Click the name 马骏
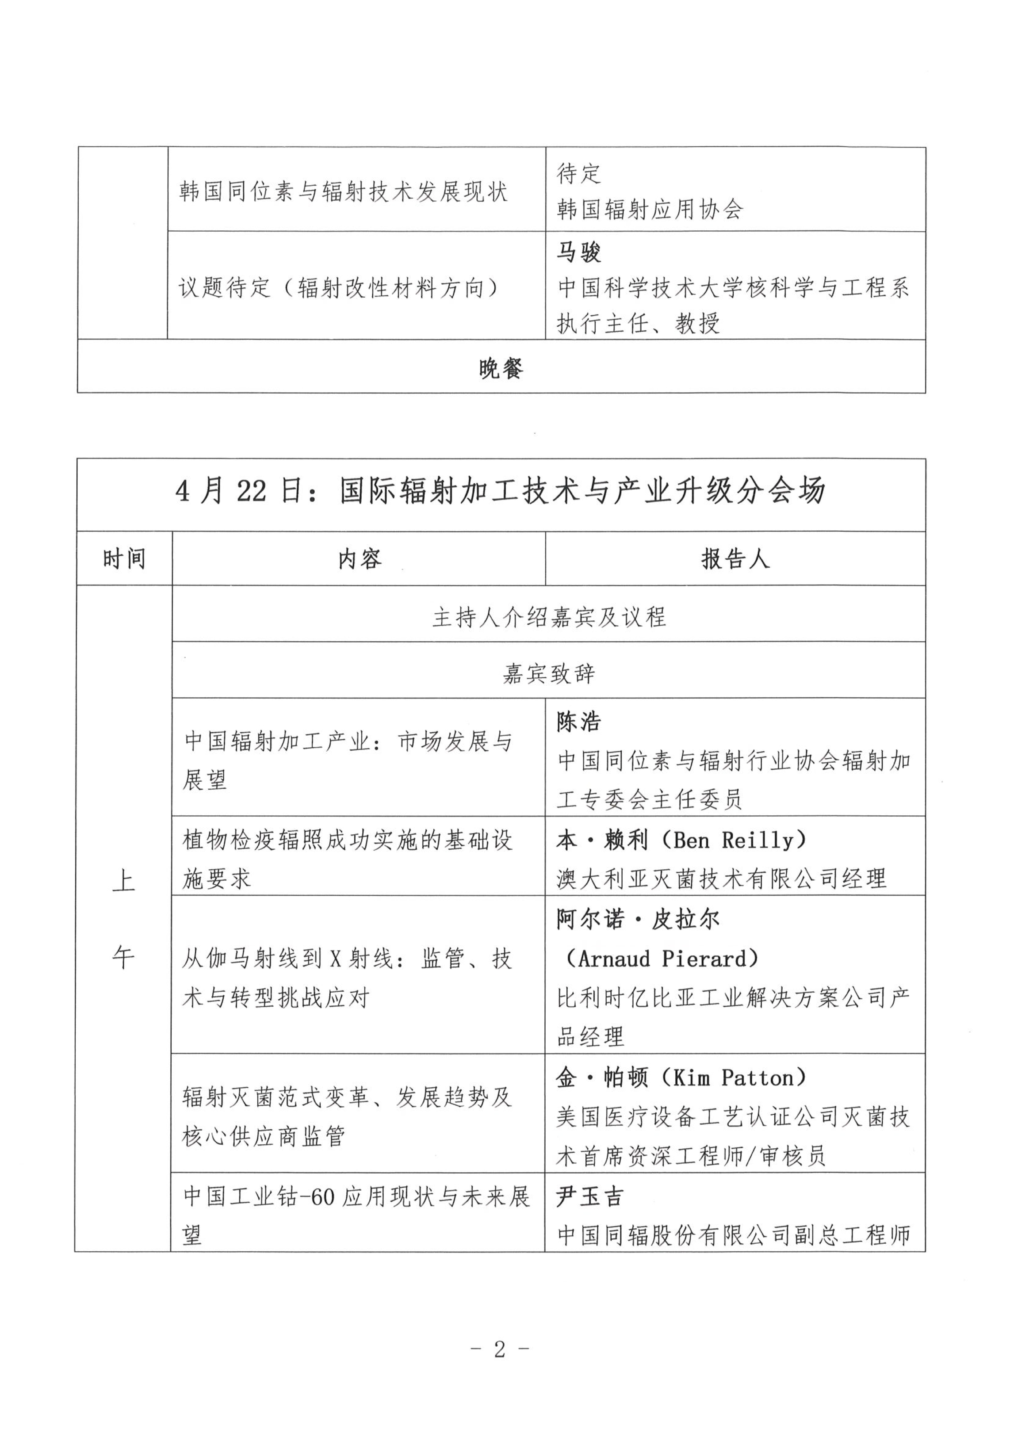tap(579, 252)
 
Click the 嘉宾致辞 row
tap(549, 673)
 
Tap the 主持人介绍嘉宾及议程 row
tap(549, 617)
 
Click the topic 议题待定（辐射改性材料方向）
tap(340, 288)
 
